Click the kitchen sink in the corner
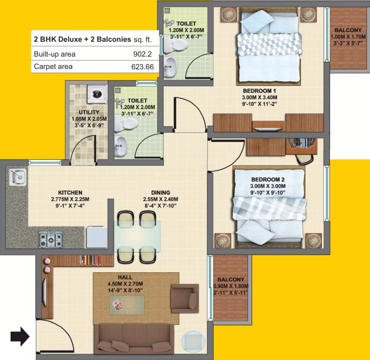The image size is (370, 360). pyautogui.click(x=17, y=177)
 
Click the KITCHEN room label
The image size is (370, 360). pyautogui.click(x=70, y=193)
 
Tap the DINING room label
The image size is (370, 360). pyautogui.click(x=160, y=193)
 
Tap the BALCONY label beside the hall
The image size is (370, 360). pyautogui.click(x=230, y=279)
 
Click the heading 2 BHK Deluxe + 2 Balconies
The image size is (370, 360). pyautogui.click(x=82, y=40)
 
